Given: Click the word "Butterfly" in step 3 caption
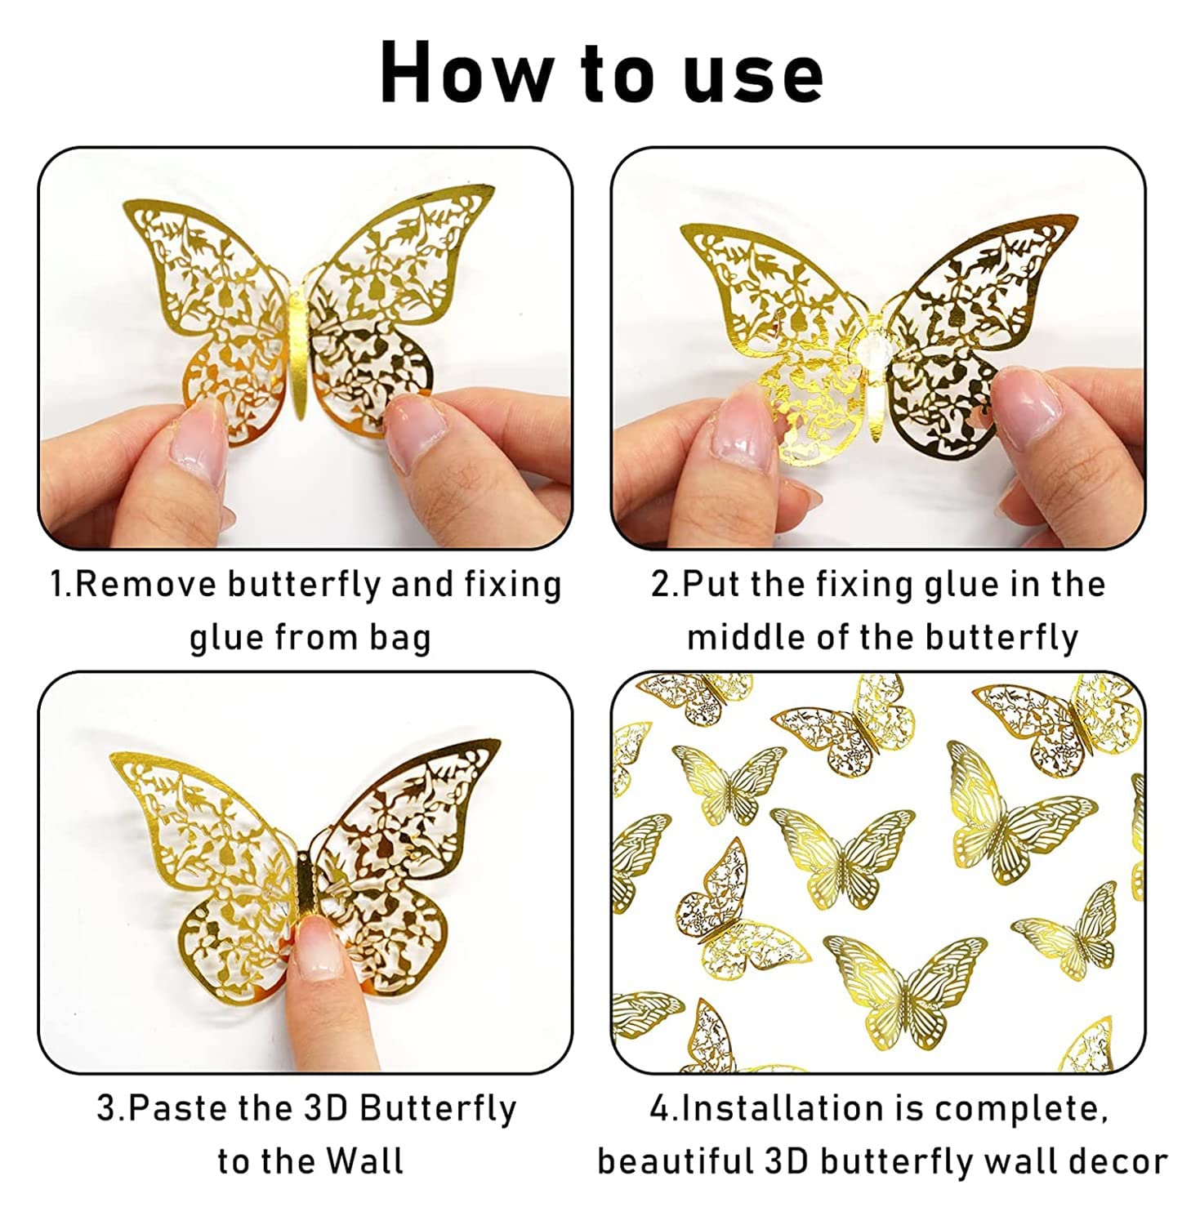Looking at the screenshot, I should [438, 1108].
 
